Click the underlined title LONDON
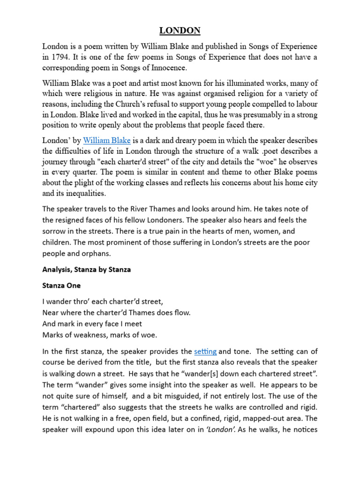tap(180, 31)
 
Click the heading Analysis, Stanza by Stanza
tap(86, 270)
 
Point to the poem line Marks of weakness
tap(99, 335)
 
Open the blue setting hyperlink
tap(205, 351)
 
